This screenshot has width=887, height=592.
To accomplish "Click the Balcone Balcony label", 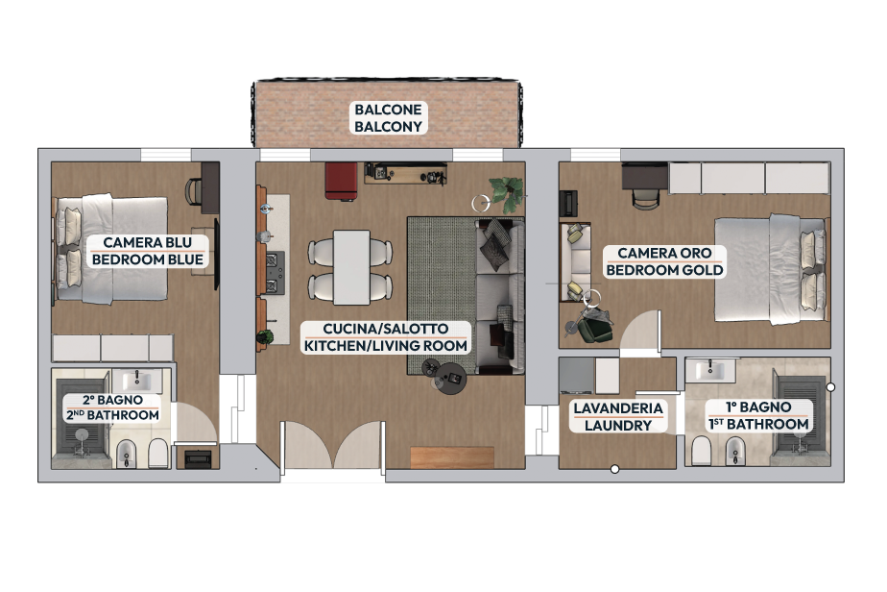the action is [x=388, y=118].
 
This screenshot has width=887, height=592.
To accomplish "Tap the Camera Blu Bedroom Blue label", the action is [x=148, y=251].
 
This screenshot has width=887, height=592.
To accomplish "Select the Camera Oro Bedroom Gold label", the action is [x=664, y=261].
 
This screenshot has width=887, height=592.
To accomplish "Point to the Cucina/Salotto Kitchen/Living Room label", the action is [x=386, y=337].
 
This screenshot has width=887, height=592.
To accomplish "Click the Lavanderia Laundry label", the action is [x=618, y=416].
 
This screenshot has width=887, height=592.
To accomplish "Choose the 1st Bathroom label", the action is [x=758, y=415].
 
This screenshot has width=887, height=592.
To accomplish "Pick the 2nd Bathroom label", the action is [x=112, y=407].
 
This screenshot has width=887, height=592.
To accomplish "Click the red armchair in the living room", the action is [x=341, y=182].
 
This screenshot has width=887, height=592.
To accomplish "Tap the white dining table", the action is [x=351, y=267].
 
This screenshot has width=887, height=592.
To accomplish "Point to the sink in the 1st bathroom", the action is [x=709, y=371].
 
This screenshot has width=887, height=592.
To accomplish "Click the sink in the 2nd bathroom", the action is [x=136, y=380].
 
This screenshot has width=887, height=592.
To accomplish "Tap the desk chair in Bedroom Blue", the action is [x=194, y=191].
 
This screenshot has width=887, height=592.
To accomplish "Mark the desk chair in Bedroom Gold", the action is [x=645, y=199].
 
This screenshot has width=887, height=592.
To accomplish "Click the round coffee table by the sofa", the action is [x=451, y=377].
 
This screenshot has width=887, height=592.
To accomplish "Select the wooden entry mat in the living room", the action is [x=452, y=457].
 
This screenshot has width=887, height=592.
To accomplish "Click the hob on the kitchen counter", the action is [x=276, y=273].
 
